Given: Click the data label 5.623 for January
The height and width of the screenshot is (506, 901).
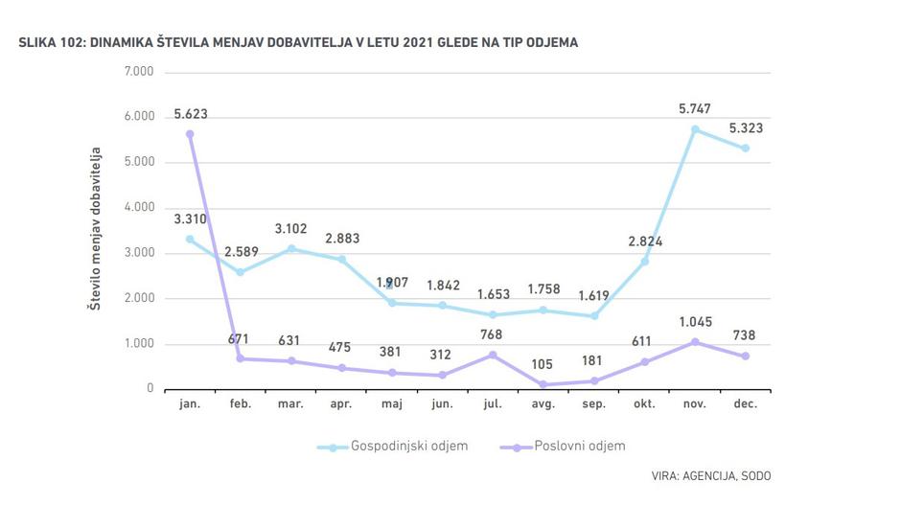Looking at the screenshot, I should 191,114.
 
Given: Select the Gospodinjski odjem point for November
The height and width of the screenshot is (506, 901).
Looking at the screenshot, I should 695,129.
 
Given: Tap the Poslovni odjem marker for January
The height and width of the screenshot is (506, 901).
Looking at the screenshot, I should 190,134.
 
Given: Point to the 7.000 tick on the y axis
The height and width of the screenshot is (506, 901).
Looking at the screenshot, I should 139,72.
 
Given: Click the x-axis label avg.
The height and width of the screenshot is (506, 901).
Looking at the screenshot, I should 543,404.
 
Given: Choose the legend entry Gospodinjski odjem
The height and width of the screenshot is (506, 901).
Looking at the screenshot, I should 396,447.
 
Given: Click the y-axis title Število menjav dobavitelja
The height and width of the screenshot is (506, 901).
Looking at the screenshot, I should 97,230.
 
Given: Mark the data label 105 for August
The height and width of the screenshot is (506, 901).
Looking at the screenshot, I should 543,364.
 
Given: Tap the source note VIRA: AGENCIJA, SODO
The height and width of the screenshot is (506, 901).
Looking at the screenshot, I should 710,475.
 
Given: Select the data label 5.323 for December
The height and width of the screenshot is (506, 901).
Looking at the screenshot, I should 745,127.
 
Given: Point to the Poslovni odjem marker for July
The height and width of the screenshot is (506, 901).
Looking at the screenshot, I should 493,355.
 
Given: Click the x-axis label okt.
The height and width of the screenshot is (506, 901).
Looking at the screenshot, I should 644,404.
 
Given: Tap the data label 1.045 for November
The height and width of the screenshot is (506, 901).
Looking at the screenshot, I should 695,321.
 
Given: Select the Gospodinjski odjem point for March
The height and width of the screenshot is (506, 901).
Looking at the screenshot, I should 291,249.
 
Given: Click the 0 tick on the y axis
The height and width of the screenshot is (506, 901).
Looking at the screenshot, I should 150,389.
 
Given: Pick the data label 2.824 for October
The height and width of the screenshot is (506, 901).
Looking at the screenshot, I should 644,241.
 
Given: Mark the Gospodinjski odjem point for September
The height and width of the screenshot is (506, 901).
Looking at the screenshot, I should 594,316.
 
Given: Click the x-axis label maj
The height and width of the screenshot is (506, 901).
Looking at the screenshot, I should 392,404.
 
